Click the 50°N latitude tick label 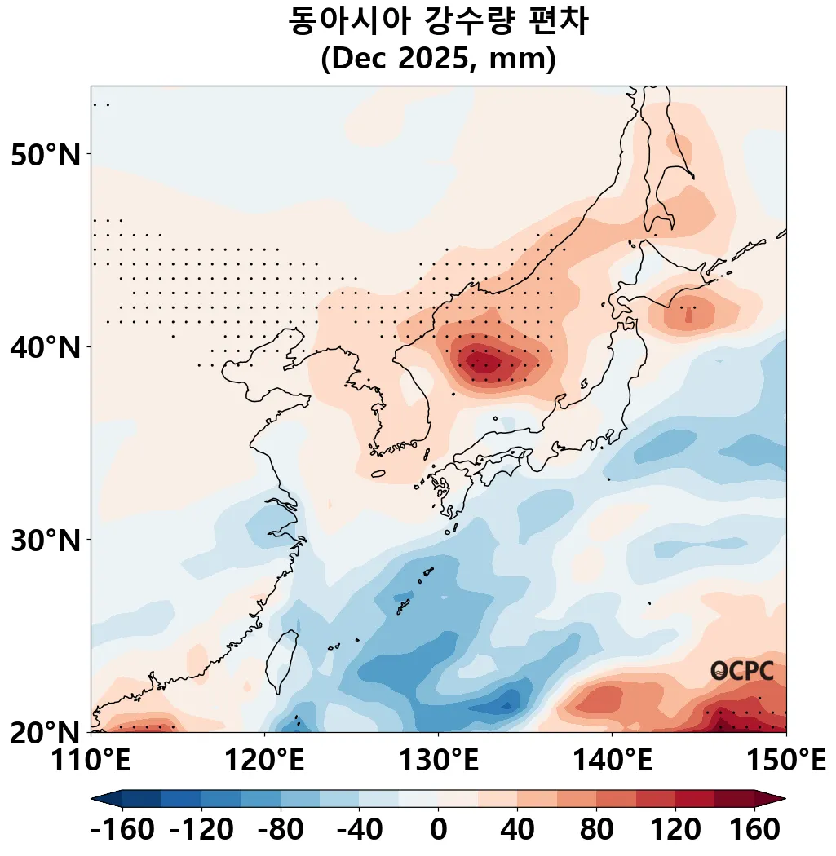(46, 154)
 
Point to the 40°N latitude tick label (46, 347)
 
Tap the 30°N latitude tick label (46, 540)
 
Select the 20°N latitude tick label (46, 732)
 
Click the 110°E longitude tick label (91, 762)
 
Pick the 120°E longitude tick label (264, 762)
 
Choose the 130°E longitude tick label (438, 762)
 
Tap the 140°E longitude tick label (612, 762)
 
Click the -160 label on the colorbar (122, 831)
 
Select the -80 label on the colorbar (280, 831)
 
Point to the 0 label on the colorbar (438, 831)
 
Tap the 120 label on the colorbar (675, 831)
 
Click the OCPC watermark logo (741, 671)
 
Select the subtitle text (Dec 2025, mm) (438, 60)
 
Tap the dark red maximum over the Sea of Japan (485, 359)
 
